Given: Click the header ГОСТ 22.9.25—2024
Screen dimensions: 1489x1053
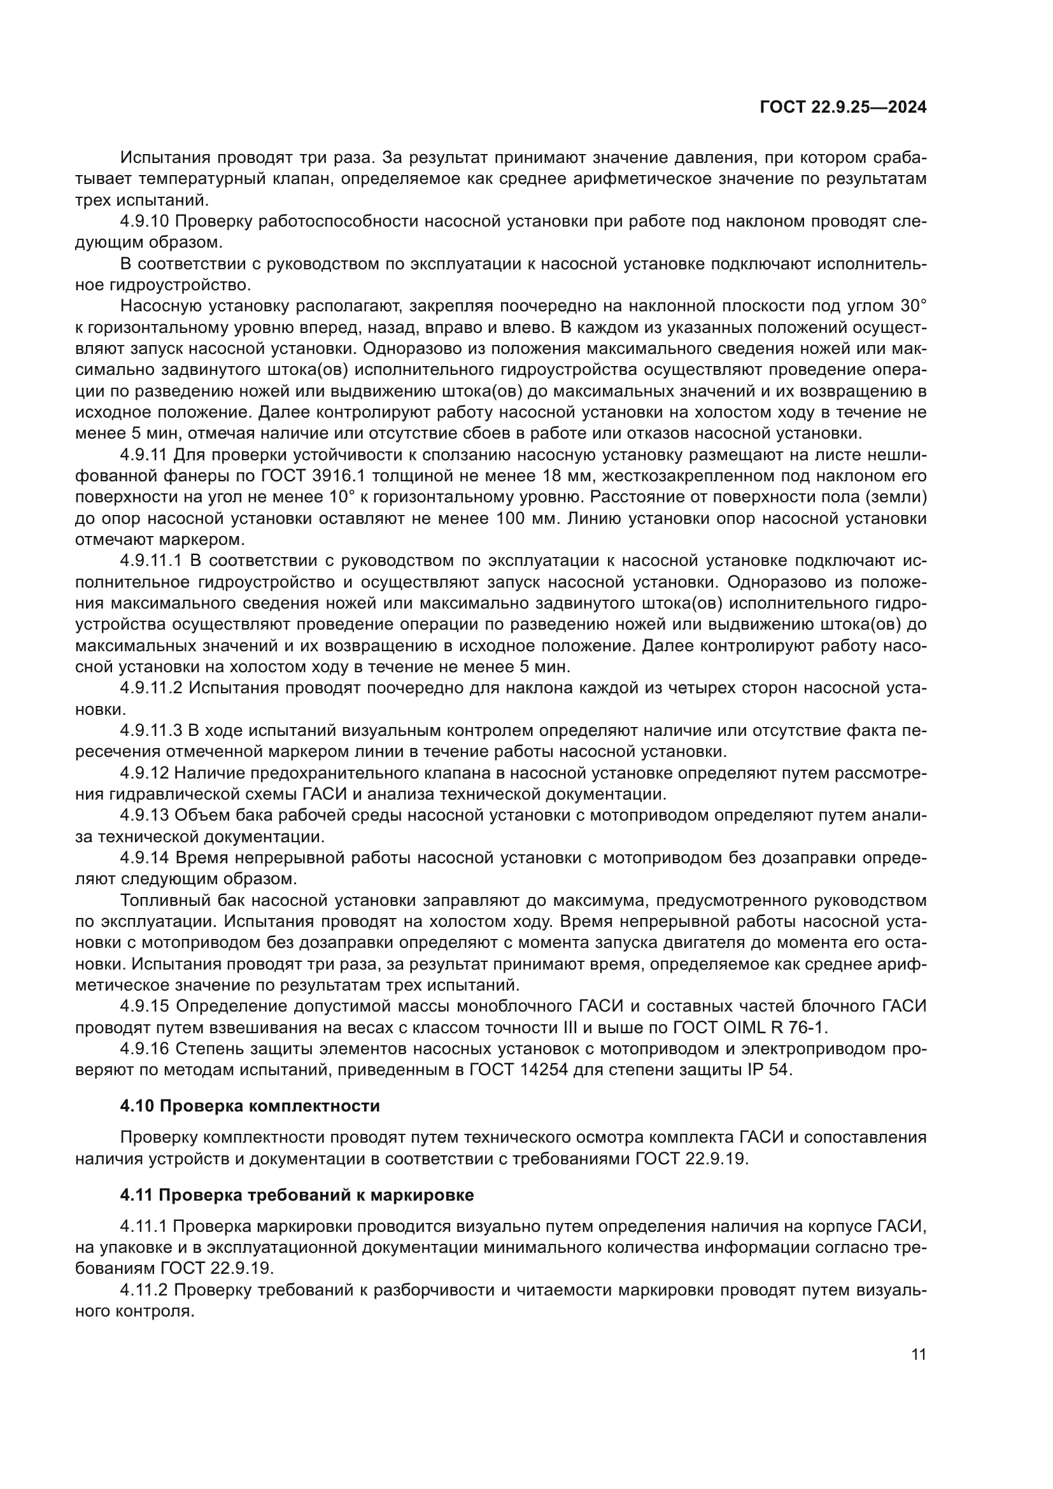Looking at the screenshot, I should (x=842, y=108).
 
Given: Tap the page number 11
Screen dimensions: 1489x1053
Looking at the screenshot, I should (x=918, y=1354).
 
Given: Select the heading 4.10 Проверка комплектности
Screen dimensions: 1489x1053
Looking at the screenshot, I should (x=250, y=1106).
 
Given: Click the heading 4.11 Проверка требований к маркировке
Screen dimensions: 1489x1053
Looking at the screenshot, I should (x=296, y=1194).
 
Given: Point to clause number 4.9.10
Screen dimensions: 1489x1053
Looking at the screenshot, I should (x=144, y=222).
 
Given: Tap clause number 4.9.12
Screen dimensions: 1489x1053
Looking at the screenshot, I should (x=144, y=773).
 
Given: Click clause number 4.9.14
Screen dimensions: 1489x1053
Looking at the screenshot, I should (x=144, y=858).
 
